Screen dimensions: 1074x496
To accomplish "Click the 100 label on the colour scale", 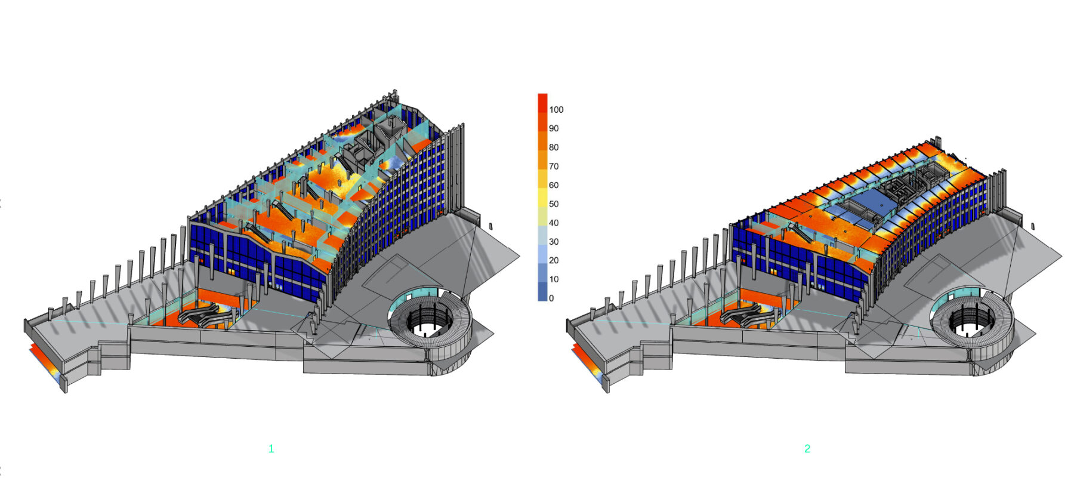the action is [x=556, y=110].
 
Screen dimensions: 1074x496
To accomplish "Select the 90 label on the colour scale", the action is [x=554, y=128].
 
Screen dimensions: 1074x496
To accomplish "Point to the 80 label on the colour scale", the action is [x=554, y=147].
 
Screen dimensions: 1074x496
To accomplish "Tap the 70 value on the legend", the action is [x=554, y=167].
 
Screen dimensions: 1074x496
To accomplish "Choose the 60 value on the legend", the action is [x=554, y=185].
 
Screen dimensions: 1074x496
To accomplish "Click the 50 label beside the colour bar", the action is [x=554, y=204].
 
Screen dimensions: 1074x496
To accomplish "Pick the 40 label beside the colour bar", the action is [x=554, y=223].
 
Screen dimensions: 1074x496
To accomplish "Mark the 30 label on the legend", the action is [x=554, y=242].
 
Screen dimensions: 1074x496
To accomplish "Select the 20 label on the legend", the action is [x=554, y=260].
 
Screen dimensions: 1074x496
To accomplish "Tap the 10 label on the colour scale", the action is [x=554, y=279].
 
